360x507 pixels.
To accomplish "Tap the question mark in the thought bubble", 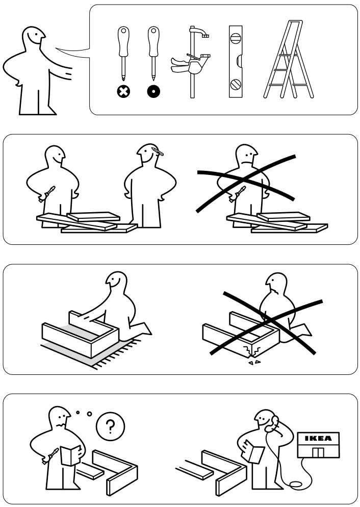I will coord(111,425).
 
